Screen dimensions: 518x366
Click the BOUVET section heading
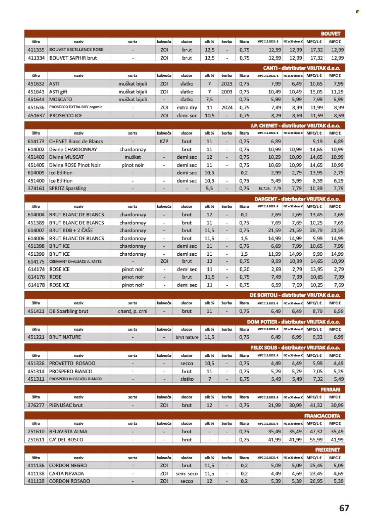pyautogui.click(x=331, y=34)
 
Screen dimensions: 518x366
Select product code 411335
pyautogui.click(x=36, y=50)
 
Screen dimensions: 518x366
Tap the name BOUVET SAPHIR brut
pyautogui.click(x=73, y=58)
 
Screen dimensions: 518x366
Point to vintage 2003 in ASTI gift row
pyautogui.click(x=227, y=92)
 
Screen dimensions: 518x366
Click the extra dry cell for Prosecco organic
pyautogui.click(x=187, y=107)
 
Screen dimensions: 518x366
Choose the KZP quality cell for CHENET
pyautogui.click(x=164, y=141)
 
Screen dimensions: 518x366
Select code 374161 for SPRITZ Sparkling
pyautogui.click(x=36, y=188)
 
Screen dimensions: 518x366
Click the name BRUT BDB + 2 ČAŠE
pyautogui.click(x=71, y=230)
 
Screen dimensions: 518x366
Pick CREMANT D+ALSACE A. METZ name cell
pyautogui.click(x=75, y=261)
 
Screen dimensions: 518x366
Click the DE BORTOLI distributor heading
pyautogui.click(x=295, y=295)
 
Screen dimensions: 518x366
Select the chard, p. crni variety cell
pyautogui.click(x=133, y=311)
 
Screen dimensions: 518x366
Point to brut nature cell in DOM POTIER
pyautogui.click(x=187, y=337)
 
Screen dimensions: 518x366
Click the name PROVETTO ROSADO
pyautogui.click(x=72, y=363)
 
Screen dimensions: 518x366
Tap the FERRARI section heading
pyautogui.click(x=330, y=389)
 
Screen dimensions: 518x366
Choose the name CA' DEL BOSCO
pyautogui.click(x=66, y=440)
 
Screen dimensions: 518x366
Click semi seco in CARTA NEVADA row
pyautogui.click(x=187, y=473)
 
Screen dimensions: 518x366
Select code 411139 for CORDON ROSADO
pyautogui.click(x=36, y=481)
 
